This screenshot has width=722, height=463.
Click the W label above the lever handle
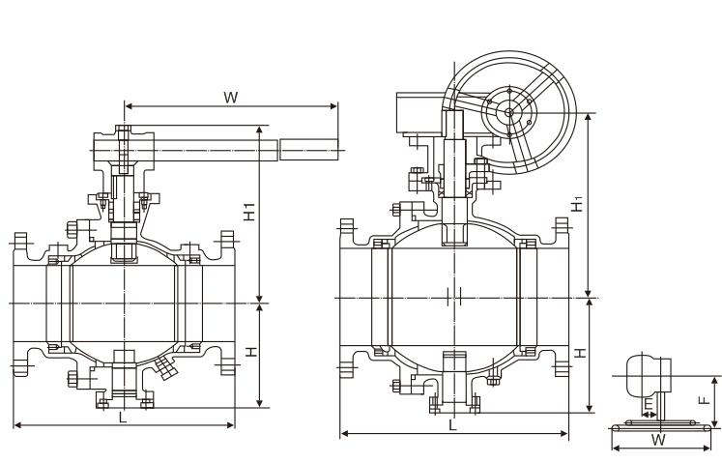230,97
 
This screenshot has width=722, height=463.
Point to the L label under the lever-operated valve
122,417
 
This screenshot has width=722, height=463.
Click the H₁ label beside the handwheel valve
577,205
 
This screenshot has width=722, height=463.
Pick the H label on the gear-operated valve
578,353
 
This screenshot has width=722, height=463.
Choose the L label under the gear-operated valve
452,424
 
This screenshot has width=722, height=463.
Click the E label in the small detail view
649,404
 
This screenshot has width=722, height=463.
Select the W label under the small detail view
658,440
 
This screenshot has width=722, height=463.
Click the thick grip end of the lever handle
309,150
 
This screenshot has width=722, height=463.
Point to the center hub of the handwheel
509,111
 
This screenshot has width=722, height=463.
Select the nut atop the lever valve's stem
123,130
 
